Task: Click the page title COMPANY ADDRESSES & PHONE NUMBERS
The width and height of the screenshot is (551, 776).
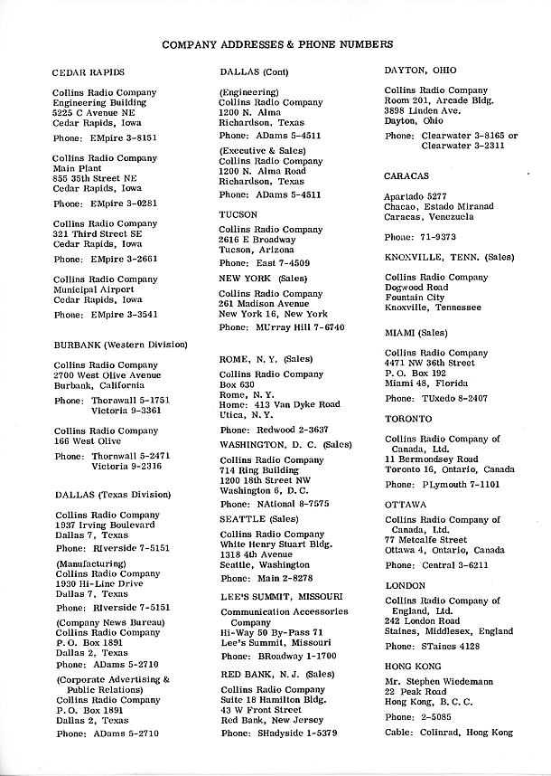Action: (277, 43)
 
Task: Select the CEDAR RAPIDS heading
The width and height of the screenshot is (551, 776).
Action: (89, 71)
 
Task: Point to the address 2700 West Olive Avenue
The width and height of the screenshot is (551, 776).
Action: (107, 374)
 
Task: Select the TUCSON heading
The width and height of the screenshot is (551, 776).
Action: (238, 214)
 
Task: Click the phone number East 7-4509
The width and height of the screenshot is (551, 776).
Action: (279, 263)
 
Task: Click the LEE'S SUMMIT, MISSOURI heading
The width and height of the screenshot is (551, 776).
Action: (281, 597)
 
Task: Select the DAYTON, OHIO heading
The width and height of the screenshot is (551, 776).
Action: (420, 70)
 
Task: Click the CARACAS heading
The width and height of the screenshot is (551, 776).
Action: (406, 175)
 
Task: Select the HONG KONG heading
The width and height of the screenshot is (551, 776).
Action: (413, 667)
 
